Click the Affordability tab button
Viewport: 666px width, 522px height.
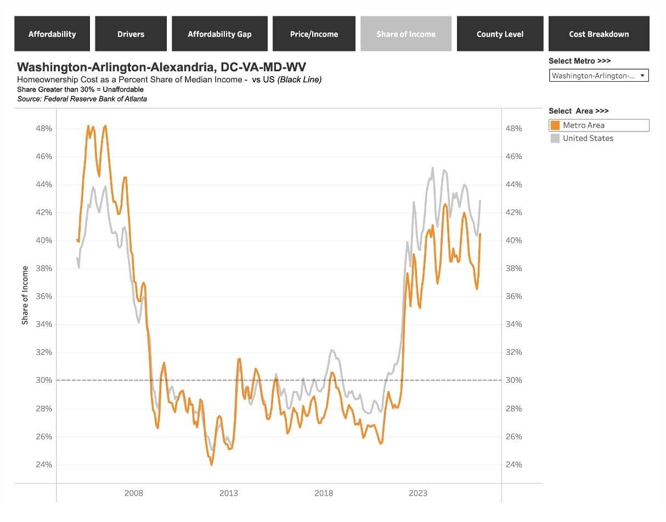[x=52, y=33]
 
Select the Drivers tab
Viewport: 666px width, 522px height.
[x=131, y=33]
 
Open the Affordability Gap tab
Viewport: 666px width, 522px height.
[x=219, y=33]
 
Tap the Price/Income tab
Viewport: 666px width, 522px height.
[x=314, y=33]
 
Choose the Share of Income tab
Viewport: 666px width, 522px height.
[x=406, y=33]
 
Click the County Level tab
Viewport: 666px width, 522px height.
[x=500, y=33]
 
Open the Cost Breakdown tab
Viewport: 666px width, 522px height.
[x=599, y=33]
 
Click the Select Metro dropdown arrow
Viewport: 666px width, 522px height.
[x=642, y=75]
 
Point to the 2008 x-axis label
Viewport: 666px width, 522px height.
[x=134, y=493]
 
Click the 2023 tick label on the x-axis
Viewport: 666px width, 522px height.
[x=417, y=493]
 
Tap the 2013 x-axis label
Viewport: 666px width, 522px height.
[x=229, y=493]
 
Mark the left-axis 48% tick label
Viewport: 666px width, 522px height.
[x=44, y=128]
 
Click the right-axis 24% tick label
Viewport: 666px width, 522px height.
[x=513, y=465]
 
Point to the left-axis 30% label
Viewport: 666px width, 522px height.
[x=44, y=380]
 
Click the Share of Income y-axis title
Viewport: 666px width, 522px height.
[x=25, y=296]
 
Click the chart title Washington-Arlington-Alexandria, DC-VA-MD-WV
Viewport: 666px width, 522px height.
[x=161, y=67]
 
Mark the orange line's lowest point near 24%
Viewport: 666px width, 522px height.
[x=211, y=465]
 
